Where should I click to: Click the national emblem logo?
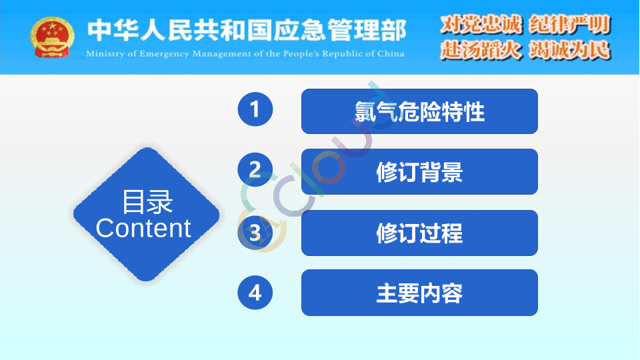tap(52, 37)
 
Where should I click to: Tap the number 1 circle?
tap(255, 109)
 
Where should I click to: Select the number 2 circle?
tap(255, 169)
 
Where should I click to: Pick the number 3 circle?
tap(255, 233)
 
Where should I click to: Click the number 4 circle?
tap(255, 292)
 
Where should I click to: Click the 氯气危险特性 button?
tap(419, 111)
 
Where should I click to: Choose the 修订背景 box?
tap(419, 172)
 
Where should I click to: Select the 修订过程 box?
tap(419, 233)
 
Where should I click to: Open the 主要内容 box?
tap(419, 293)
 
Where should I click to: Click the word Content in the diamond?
tap(143, 228)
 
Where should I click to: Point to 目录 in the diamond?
tap(147, 201)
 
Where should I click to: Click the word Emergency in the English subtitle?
tap(165, 54)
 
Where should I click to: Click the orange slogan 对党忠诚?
tap(481, 25)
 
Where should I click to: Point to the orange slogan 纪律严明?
tap(569, 25)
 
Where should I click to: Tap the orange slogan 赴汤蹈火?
tap(481, 50)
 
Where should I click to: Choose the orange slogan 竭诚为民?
tap(569, 50)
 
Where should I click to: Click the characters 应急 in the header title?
tap(299, 30)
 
